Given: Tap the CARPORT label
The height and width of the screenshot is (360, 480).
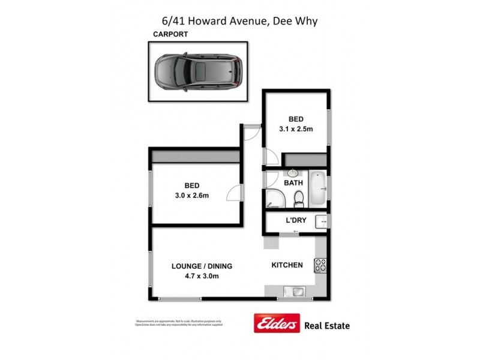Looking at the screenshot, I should (170, 34).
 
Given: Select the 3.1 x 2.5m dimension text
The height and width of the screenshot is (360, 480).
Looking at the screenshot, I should (296, 129).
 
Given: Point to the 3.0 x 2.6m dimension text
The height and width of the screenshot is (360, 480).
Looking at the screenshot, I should (192, 196).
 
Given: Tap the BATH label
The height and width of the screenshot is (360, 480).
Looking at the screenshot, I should (293, 183).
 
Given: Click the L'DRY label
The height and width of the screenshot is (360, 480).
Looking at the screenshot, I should (296, 220).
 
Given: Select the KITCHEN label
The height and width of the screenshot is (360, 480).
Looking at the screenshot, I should (287, 265).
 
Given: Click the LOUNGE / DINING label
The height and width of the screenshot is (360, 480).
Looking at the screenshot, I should (202, 266).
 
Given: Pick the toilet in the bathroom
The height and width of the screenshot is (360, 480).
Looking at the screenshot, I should (298, 197).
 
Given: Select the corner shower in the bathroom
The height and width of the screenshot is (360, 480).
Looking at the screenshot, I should (274, 199).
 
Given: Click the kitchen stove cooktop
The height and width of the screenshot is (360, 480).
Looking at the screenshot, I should (320, 265).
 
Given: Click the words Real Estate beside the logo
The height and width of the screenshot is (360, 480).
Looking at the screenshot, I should (328, 325).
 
